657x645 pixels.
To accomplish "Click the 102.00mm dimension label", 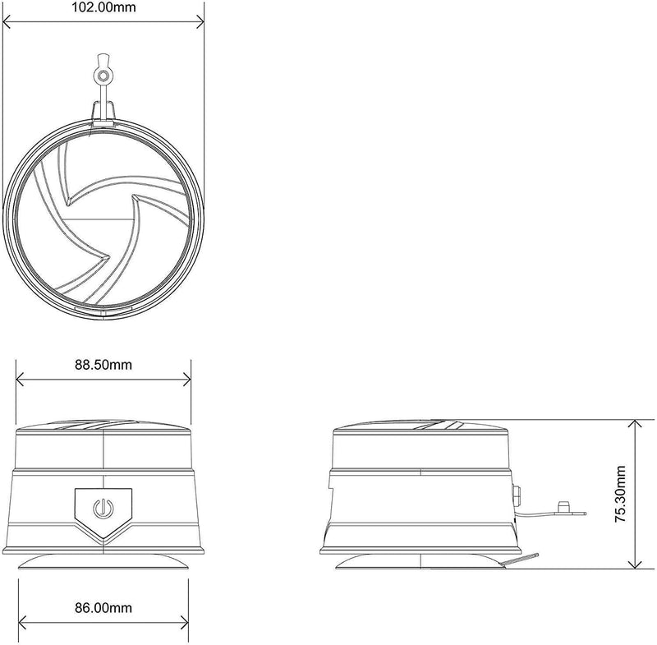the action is coord(104,7).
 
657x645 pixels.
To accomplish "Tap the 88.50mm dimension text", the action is coord(103,365).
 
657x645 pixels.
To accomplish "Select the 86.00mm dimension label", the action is coord(103,607).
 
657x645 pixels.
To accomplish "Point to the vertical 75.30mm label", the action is coord(620,494).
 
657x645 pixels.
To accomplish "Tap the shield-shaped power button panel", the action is coord(103,513).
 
